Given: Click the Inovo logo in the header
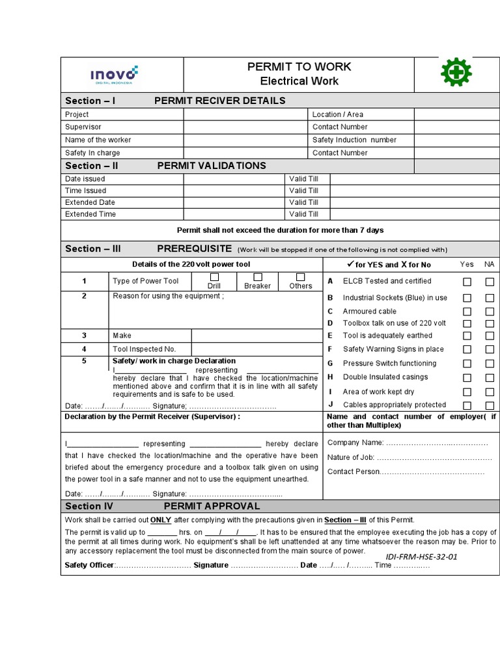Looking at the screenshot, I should click(x=115, y=75).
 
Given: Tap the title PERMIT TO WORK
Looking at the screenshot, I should click(x=299, y=66).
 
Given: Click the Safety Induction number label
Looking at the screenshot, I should click(x=354, y=140).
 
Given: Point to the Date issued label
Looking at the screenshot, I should click(x=85, y=179).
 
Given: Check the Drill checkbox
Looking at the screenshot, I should click(x=214, y=277).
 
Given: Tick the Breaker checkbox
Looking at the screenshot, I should click(x=257, y=277).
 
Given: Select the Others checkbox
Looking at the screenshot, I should click(x=301, y=277).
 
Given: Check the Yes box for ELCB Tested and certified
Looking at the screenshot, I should click(x=467, y=282).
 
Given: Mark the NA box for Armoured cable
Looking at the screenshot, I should click(x=489, y=312).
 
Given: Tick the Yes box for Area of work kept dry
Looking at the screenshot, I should click(x=467, y=392).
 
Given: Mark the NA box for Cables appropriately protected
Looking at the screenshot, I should click(x=489, y=405).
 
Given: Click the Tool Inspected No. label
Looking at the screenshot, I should click(x=144, y=349).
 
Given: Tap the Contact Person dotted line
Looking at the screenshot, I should click(x=432, y=472).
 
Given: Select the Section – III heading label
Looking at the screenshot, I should click(x=93, y=248).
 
